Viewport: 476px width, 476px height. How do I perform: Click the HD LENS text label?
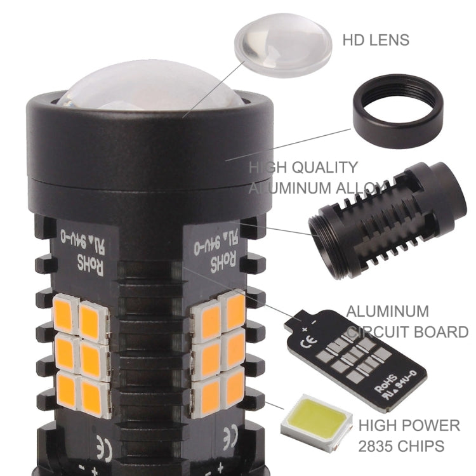tap(376, 40)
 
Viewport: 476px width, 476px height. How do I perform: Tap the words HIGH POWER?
tap(408, 425)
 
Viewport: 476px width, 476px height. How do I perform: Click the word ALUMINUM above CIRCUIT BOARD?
tap(387, 312)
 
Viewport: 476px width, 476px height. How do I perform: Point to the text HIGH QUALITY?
tap(303, 168)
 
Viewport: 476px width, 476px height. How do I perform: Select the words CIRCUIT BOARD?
tap(407, 331)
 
